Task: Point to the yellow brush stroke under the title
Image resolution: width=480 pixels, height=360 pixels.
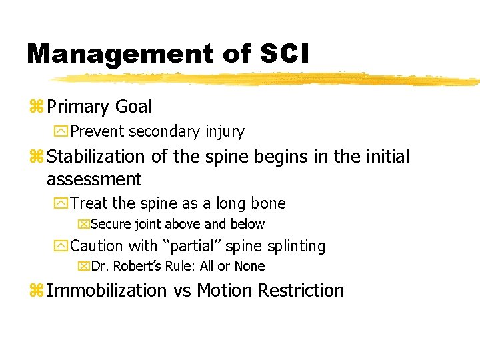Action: (267, 79)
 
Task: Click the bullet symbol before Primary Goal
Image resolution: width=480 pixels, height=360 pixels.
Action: (35, 107)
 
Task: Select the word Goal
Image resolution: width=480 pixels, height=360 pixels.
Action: (133, 107)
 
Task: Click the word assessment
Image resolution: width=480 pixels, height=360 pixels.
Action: (94, 179)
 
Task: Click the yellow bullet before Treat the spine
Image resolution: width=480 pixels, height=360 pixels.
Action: (61, 204)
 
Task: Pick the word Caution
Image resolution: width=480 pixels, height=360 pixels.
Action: (97, 246)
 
